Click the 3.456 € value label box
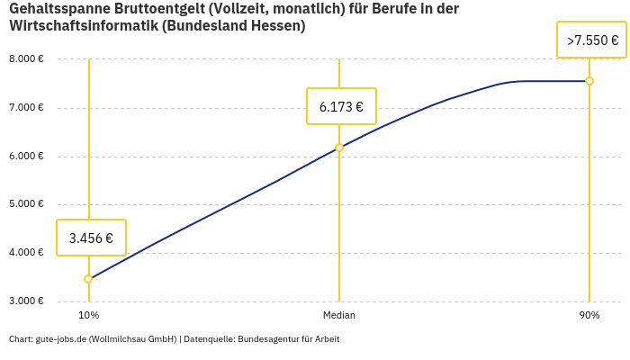tap(91, 238)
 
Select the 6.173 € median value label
tap(341, 106)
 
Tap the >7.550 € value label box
tap(592, 40)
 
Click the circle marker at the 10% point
tap(88, 279)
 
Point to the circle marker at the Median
tap(339, 148)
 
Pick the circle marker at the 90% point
tap(589, 81)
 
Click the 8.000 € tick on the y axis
tap(26, 59)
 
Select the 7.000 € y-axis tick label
tap(26, 108)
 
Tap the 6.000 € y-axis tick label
tap(26, 157)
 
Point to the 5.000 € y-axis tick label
tap(26, 204)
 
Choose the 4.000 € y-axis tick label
tap(26, 253)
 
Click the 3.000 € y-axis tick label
tap(26, 301)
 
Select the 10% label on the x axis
tap(88, 315)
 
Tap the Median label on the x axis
tap(339, 315)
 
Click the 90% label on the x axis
tap(589, 315)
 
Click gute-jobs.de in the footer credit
tap(60, 339)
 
